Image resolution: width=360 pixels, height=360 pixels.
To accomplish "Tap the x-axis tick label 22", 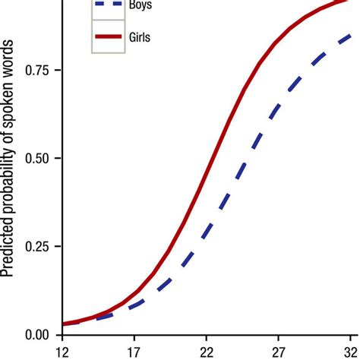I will click(x=207, y=352).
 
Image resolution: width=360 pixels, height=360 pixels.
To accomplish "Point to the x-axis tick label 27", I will click(x=279, y=352).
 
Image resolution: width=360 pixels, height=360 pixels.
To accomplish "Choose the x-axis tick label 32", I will click(x=350, y=352).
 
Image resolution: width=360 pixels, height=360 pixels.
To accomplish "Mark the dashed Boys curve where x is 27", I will click(x=279, y=106).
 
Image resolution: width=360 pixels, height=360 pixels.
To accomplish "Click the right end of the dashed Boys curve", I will click(x=350, y=35).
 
